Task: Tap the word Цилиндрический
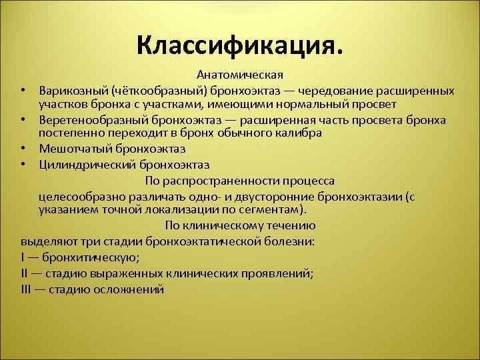tap(81, 163)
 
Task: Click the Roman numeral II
tap(25, 273)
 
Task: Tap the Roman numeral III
tap(27, 289)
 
